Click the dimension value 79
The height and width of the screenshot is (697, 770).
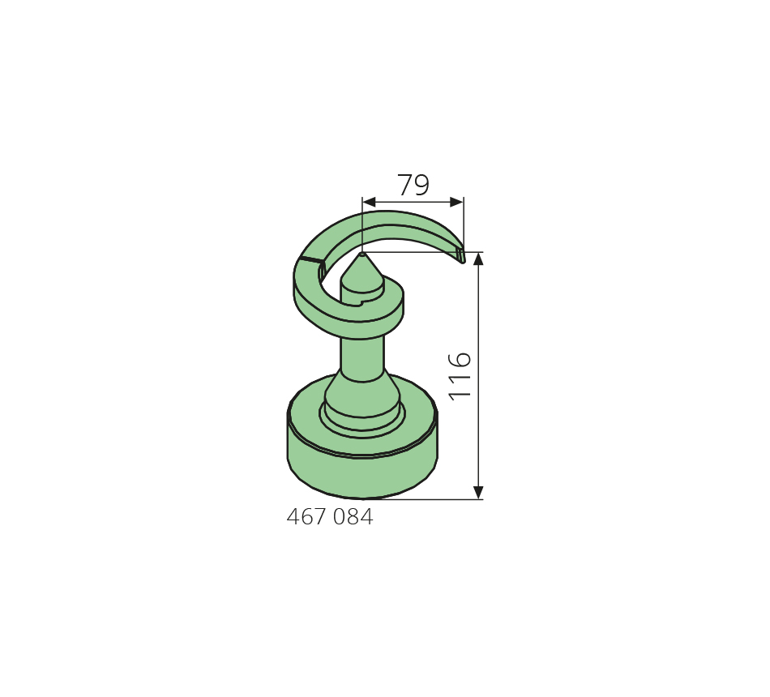(413, 185)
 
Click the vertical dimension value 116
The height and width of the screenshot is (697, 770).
(460, 376)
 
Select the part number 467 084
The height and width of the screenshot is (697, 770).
(330, 517)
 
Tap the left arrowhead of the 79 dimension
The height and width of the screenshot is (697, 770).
(369, 202)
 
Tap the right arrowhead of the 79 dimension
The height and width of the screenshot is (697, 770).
(456, 202)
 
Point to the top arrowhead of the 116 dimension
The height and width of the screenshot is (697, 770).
(478, 259)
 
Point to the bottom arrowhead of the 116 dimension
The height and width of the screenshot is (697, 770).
(478, 493)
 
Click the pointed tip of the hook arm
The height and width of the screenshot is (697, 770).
(462, 261)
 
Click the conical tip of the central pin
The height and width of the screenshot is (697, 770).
(362, 254)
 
